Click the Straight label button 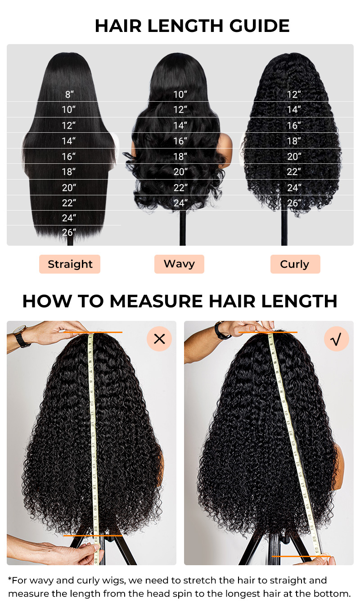(x=70, y=264)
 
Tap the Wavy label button (x=179, y=264)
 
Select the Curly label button (x=295, y=264)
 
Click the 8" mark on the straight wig (x=69, y=94)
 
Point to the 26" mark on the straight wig (x=69, y=232)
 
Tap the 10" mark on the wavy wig (x=180, y=94)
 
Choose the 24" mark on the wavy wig (x=180, y=202)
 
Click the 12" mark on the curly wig (x=294, y=94)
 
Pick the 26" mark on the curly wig (x=294, y=202)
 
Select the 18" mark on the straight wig (x=68, y=171)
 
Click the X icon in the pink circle (x=159, y=339)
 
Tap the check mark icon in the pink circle (x=337, y=339)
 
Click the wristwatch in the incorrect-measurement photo (x=22, y=337)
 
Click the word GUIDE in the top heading (x=259, y=26)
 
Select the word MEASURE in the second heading (x=156, y=301)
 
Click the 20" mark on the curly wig (x=294, y=156)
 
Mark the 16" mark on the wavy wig (x=180, y=141)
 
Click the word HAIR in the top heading (x=118, y=26)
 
